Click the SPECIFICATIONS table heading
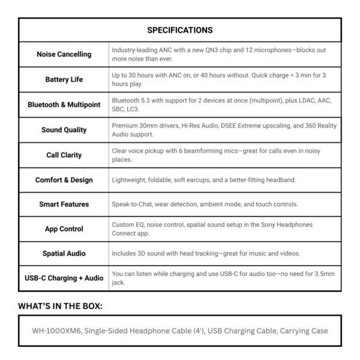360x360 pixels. (x=180, y=29)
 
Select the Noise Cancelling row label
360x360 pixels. (x=64, y=54)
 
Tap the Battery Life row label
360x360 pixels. (x=64, y=79)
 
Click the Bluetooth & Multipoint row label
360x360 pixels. (x=64, y=104)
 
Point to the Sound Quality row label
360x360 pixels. (x=64, y=130)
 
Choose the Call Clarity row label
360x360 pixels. (x=64, y=155)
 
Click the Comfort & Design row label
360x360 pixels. (x=64, y=179)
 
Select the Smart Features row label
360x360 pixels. (x=64, y=204)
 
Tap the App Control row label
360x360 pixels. (x=64, y=229)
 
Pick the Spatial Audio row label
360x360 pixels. (x=64, y=254)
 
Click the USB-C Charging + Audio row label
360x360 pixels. (x=64, y=278)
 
